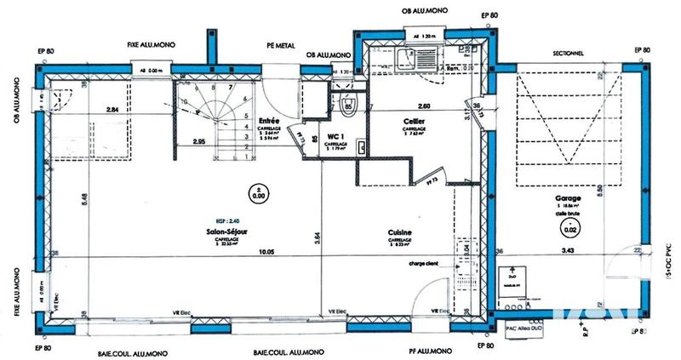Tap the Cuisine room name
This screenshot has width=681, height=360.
(x=400, y=231)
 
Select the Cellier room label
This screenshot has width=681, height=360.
(x=414, y=121)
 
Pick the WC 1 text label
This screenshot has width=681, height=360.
(x=335, y=136)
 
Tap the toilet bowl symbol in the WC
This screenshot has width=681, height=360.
(x=346, y=106)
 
